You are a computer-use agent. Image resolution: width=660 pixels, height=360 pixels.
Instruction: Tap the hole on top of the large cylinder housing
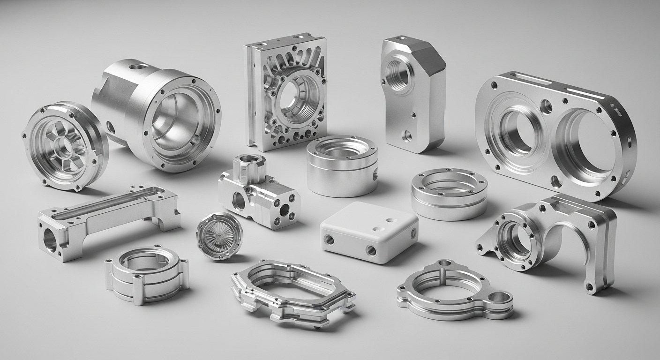click(137, 67)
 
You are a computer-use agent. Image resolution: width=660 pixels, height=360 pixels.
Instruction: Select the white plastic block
click(369, 231)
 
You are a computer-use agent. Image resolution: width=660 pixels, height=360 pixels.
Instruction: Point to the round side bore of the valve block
click(239, 201)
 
